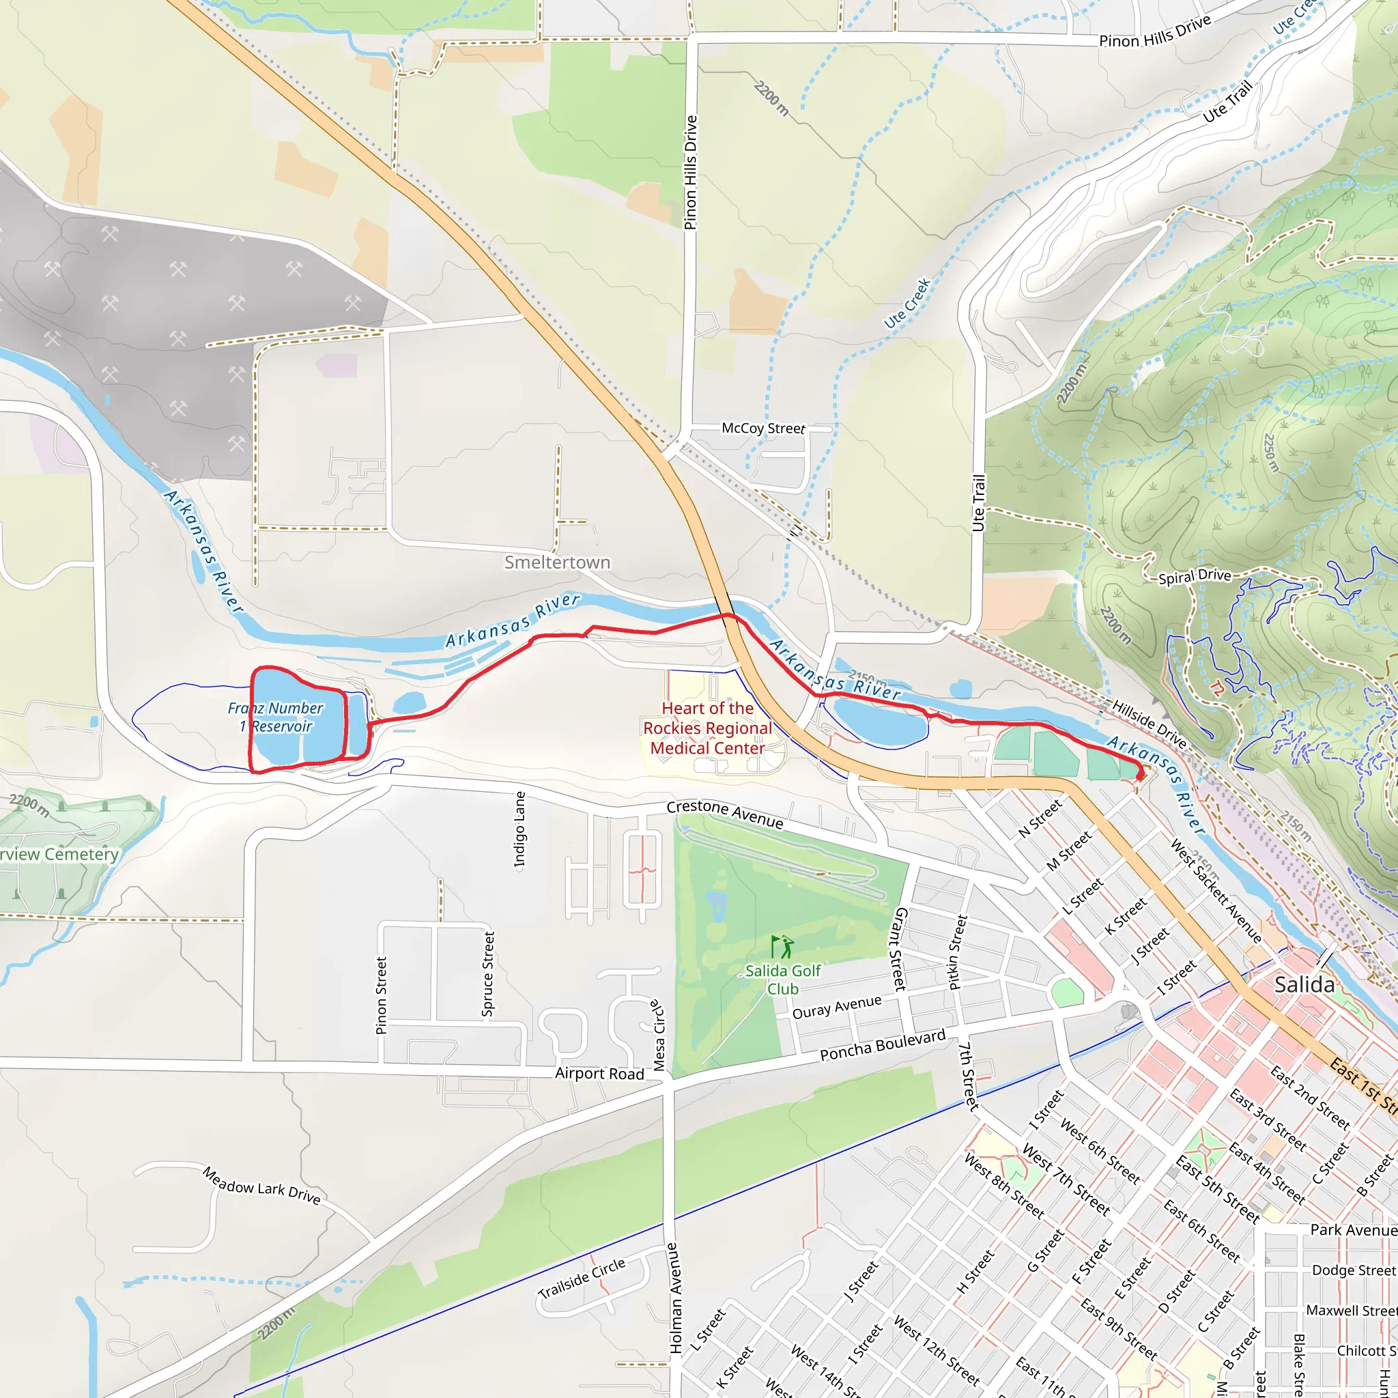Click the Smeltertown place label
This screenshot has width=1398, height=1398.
pyautogui.click(x=557, y=562)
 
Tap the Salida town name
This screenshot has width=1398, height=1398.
pyautogui.click(x=1304, y=985)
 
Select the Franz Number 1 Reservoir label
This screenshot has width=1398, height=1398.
pyautogui.click(x=276, y=717)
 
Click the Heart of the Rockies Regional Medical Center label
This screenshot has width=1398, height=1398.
pyautogui.click(x=707, y=728)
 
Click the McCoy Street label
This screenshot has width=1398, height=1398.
pyautogui.click(x=762, y=429)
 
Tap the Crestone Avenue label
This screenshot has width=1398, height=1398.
pyautogui.click(x=724, y=814)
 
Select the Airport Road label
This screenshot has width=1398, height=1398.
pyautogui.click(x=599, y=1074)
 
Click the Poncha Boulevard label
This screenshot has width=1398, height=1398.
pyautogui.click(x=882, y=1046)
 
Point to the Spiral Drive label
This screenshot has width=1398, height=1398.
pyautogui.click(x=1195, y=577)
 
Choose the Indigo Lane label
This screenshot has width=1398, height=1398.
pyautogui.click(x=519, y=829)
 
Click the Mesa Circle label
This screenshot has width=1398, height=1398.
pyautogui.click(x=658, y=1035)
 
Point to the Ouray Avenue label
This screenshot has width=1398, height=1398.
pyautogui.click(x=836, y=1008)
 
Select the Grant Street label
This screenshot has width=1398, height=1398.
pyautogui.click(x=901, y=949)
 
